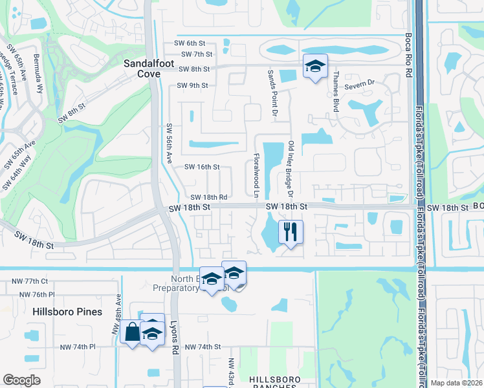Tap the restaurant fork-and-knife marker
[x=291, y=232]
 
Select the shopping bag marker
[x=132, y=332]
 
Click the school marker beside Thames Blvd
[x=315, y=66]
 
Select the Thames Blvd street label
[x=335, y=92]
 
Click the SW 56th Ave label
[x=170, y=143]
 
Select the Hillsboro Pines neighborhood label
[x=68, y=312]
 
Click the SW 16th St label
[x=203, y=167]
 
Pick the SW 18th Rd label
[x=208, y=197]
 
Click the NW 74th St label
[x=203, y=347]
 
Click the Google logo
[x=21, y=380]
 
